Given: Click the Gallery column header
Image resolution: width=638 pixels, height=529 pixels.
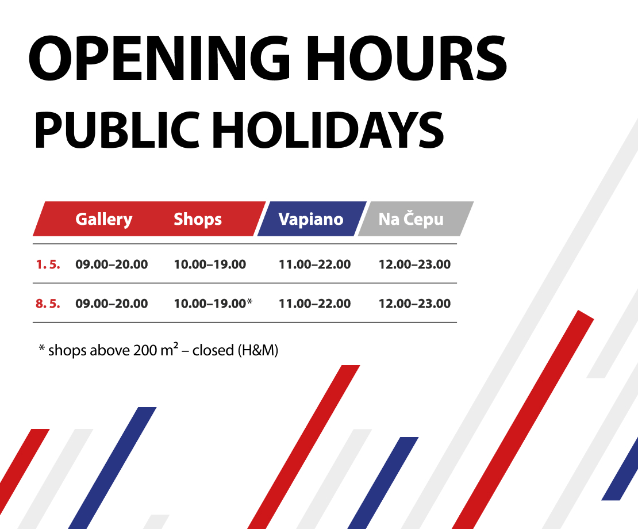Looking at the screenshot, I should pyautogui.click(x=103, y=219).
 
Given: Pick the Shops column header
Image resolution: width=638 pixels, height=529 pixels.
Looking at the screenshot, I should pyautogui.click(x=198, y=219).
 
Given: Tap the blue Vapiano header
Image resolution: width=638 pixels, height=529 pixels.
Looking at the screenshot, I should pyautogui.click(x=311, y=219).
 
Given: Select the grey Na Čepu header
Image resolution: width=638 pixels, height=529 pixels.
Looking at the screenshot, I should pyautogui.click(x=411, y=219).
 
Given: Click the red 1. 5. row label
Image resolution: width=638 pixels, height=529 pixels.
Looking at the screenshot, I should pyautogui.click(x=48, y=264).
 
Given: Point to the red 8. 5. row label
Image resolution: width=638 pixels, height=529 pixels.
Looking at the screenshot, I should pyautogui.click(x=48, y=304).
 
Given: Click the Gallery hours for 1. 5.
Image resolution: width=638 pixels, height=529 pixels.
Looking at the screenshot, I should pyautogui.click(x=112, y=264).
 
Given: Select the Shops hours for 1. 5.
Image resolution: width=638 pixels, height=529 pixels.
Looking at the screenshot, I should pyautogui.click(x=210, y=264).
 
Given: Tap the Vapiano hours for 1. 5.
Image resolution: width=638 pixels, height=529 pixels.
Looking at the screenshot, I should pyautogui.click(x=314, y=264).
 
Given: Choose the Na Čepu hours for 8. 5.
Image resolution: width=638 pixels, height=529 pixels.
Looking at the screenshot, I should pyautogui.click(x=414, y=304).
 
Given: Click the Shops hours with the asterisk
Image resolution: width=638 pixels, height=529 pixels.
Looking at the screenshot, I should pyautogui.click(x=213, y=304).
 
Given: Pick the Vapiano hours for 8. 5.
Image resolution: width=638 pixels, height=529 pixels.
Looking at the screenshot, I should pyautogui.click(x=314, y=304).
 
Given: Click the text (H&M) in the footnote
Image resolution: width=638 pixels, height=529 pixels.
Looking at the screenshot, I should pyautogui.click(x=257, y=350).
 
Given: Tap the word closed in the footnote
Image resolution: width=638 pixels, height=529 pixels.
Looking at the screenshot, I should pyautogui.click(x=213, y=350).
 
